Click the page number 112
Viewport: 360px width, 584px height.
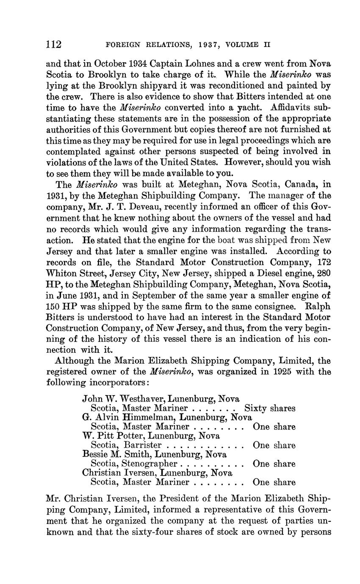point(54,44)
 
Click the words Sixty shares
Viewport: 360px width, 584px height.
point(270,409)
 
